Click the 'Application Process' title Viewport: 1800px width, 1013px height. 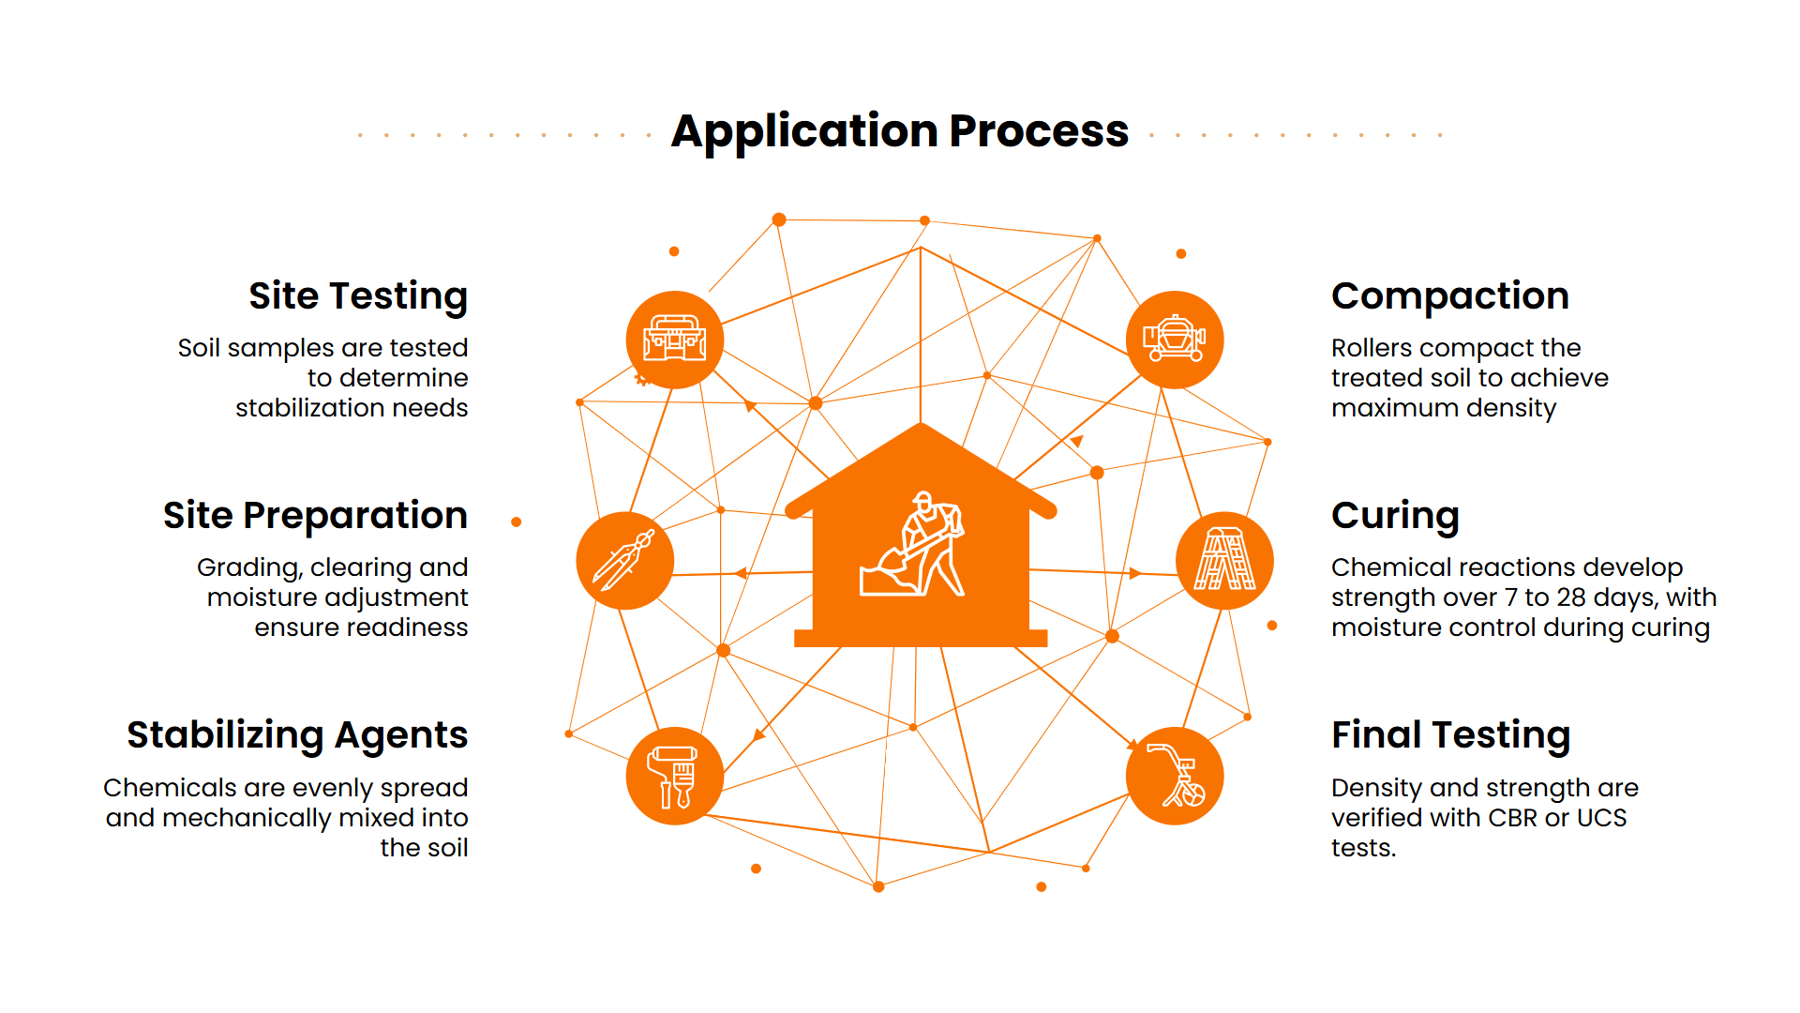pyautogui.click(x=900, y=131)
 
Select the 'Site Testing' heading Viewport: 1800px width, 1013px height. pyautogui.click(x=358, y=297)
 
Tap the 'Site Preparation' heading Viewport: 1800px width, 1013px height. pyautogui.click(x=315, y=517)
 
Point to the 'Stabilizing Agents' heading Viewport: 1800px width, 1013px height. pyautogui.click(x=297, y=736)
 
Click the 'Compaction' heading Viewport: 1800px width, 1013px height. pyautogui.click(x=1450, y=297)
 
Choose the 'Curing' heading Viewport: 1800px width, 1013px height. pyautogui.click(x=1395, y=517)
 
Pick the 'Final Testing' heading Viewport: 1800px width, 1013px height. pyautogui.click(x=1450, y=735)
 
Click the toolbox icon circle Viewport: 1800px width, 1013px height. pyautogui.click(x=675, y=340)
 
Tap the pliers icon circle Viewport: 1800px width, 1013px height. pyautogui.click(x=625, y=561)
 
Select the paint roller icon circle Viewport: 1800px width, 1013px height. pyautogui.click(x=675, y=777)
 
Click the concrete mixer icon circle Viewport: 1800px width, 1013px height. pyautogui.click(x=1175, y=340)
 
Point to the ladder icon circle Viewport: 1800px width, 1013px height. pyautogui.click(x=1224, y=561)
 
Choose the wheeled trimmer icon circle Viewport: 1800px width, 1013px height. pyautogui.click(x=1175, y=777)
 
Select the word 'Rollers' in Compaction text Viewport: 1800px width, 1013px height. pyautogui.click(x=1372, y=348)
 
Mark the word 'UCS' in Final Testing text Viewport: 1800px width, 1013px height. pyautogui.click(x=1602, y=818)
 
